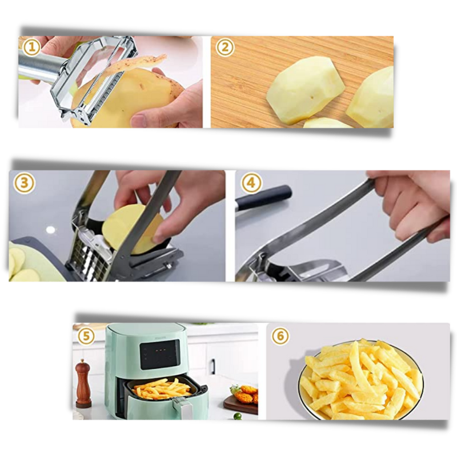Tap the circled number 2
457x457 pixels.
[224, 47]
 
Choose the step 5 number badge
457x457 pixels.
[86, 336]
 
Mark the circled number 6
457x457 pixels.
[280, 336]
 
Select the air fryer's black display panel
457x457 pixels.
[160, 354]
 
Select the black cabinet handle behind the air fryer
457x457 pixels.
[212, 366]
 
